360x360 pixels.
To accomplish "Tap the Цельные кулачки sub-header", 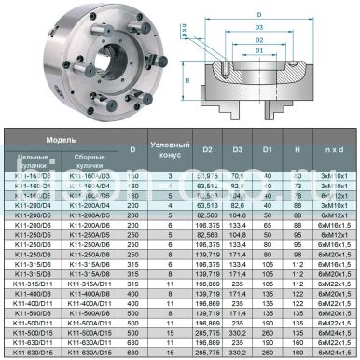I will [29, 159].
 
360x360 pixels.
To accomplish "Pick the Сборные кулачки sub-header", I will [87, 159].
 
